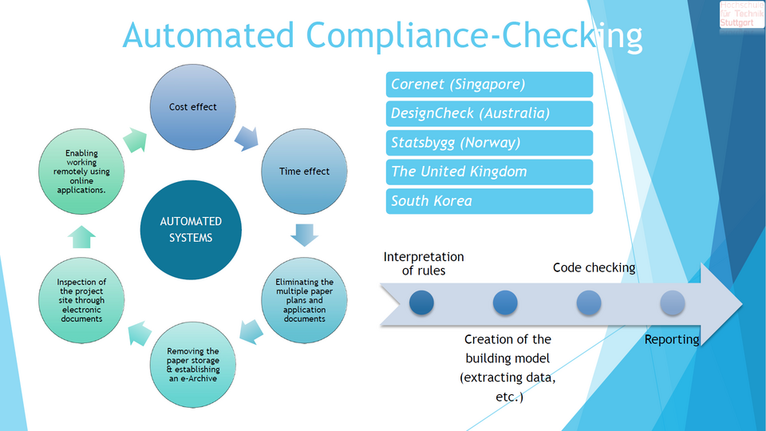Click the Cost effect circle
(192, 107)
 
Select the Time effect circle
(304, 171)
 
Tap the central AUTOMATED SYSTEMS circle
(191, 229)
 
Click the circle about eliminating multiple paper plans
(304, 300)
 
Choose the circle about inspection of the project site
(81, 300)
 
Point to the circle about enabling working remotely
(81, 171)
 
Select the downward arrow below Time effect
(304, 235)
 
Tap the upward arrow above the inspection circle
(82, 237)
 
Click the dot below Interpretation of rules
(421, 302)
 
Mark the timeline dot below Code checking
(589, 302)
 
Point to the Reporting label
(672, 339)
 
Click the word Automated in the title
(210, 36)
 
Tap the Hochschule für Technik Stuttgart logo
(741, 14)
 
